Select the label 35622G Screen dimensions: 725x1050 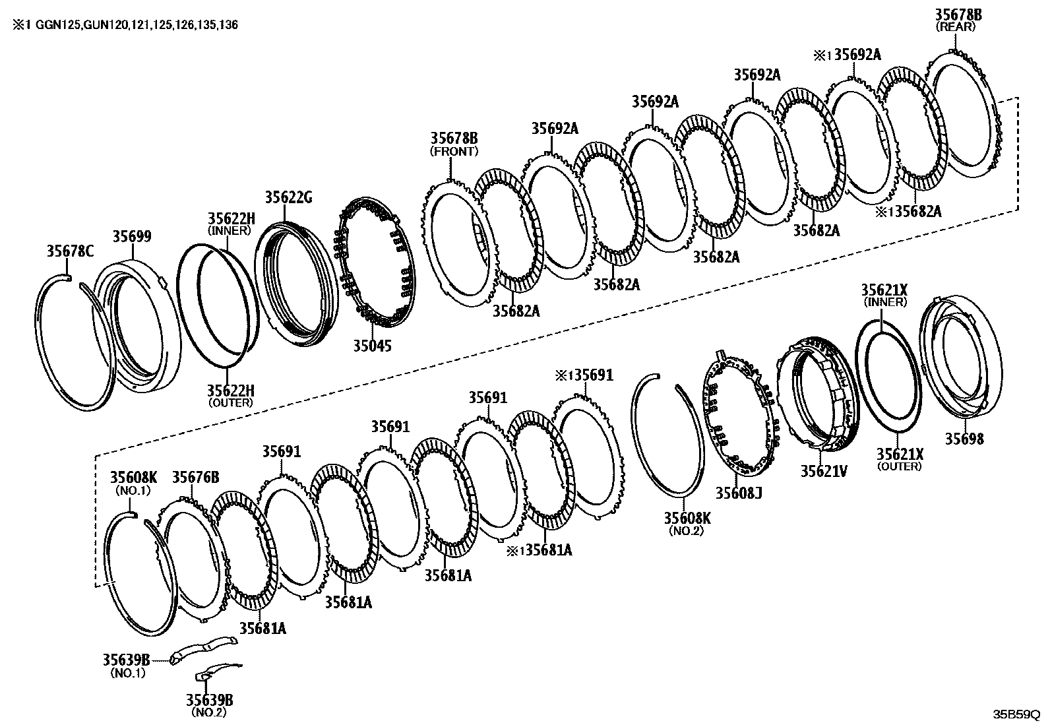tap(288, 197)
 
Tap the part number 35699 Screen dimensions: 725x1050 tap(131, 236)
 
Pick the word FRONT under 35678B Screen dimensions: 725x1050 tap(454, 151)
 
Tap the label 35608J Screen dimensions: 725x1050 tap(739, 493)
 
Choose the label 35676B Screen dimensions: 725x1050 tap(195, 477)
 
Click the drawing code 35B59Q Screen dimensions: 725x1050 tap(1016, 715)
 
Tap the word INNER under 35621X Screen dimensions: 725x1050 tap(884, 302)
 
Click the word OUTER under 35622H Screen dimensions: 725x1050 tap(230, 402)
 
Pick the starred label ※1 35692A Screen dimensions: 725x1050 tap(849, 55)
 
